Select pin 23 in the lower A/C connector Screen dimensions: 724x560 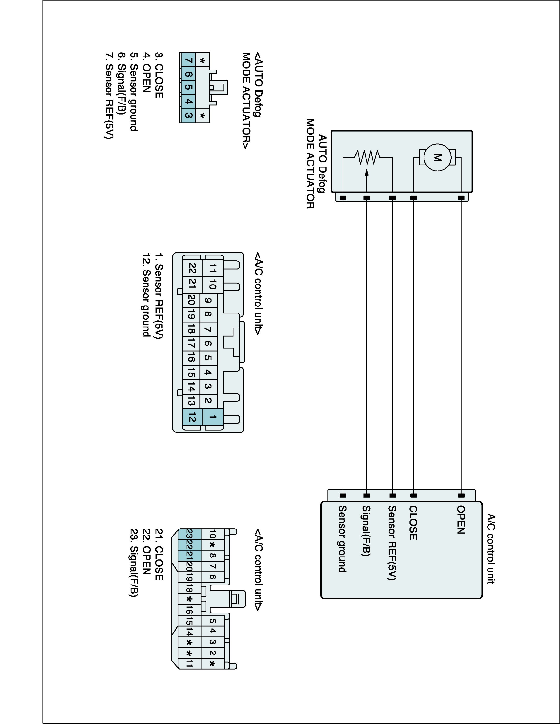[x=189, y=534]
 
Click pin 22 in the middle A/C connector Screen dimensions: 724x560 [x=192, y=268]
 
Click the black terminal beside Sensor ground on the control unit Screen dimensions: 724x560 [x=343, y=496]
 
